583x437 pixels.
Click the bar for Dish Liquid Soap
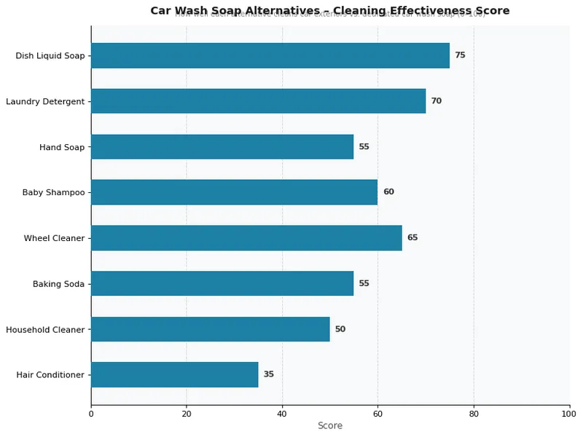[x=270, y=55]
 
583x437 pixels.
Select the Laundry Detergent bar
[x=258, y=101]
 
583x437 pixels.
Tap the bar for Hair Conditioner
[x=174, y=374]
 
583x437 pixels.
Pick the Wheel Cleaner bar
[x=246, y=237]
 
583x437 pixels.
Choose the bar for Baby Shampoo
[x=234, y=192]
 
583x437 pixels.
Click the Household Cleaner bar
[x=210, y=329]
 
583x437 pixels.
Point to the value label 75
[x=460, y=55]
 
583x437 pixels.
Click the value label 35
[x=268, y=374]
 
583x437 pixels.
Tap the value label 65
[x=412, y=237]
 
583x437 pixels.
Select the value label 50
[x=340, y=329]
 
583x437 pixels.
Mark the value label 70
[x=436, y=101]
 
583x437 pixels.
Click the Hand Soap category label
[x=62, y=147]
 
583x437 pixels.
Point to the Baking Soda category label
[x=58, y=283]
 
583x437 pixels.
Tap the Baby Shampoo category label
[x=53, y=192]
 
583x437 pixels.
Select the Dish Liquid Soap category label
[x=50, y=55]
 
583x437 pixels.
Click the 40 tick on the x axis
[x=282, y=414]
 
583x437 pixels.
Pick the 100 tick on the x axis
[x=569, y=414]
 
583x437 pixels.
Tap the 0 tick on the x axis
[x=91, y=414]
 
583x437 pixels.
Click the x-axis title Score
[x=329, y=425]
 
